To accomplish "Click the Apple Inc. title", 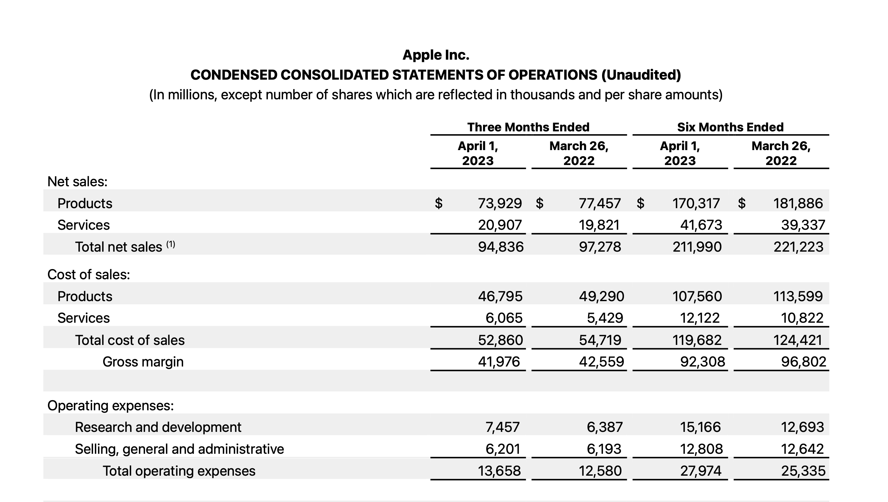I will (436, 55).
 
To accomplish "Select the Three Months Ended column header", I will (528, 127).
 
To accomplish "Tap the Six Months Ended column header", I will (730, 127).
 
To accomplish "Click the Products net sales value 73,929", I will (500, 203).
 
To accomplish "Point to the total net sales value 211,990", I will (697, 247).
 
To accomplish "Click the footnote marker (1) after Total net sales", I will (171, 244).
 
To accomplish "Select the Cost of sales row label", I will (89, 274).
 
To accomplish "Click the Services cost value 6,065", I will (504, 318).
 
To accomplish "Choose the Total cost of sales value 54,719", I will (600, 340).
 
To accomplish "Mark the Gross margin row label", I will (143, 362).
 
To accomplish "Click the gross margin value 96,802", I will (803, 362).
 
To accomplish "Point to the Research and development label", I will (158, 427).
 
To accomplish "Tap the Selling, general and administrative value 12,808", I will (701, 449).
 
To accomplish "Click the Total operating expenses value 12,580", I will (600, 471).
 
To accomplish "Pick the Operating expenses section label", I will (110, 406).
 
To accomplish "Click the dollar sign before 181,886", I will (741, 203).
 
